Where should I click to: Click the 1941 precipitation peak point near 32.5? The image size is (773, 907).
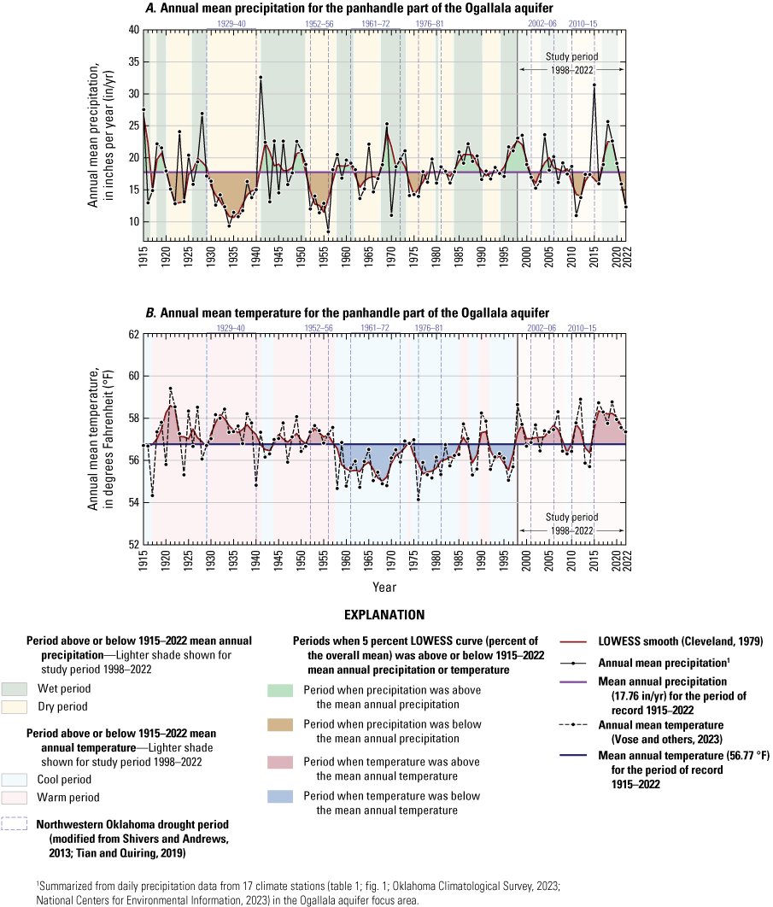click(x=261, y=78)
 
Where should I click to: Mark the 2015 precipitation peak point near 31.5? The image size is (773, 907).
click(x=594, y=85)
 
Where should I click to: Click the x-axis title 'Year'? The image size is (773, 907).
click(x=384, y=588)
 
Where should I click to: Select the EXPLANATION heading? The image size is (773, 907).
click(x=386, y=614)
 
